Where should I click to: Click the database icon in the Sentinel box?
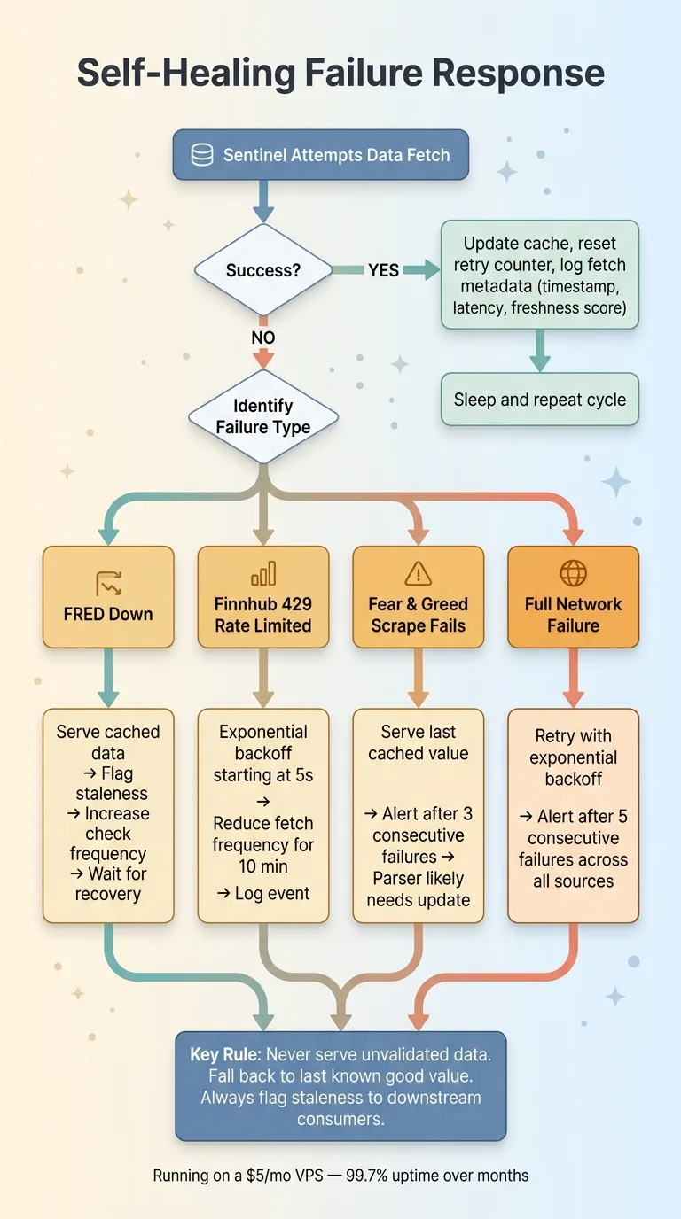pyautogui.click(x=202, y=155)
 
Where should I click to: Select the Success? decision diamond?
pyautogui.click(x=263, y=270)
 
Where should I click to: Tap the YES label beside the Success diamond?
pyautogui.click(x=383, y=270)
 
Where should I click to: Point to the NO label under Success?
pyautogui.click(x=263, y=338)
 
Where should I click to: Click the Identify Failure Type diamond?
pyautogui.click(x=263, y=416)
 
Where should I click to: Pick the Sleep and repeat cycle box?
pyautogui.click(x=540, y=400)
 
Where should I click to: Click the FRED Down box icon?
pyautogui.click(x=108, y=582)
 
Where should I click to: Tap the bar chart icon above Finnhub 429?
pyautogui.click(x=263, y=574)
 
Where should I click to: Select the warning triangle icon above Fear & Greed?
pyautogui.click(x=418, y=574)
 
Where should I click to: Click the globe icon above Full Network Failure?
pyautogui.click(x=573, y=573)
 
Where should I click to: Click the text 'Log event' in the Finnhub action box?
pyautogui.click(x=263, y=893)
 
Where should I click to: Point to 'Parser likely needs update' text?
pyautogui.click(x=419, y=890)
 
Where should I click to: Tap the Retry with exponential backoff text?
pyautogui.click(x=573, y=757)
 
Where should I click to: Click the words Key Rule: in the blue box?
pyautogui.click(x=225, y=1054)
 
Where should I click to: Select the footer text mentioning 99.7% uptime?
pyautogui.click(x=340, y=1176)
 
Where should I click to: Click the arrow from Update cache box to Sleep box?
pyautogui.click(x=540, y=352)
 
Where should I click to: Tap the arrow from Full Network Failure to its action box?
pyautogui.click(x=573, y=678)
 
